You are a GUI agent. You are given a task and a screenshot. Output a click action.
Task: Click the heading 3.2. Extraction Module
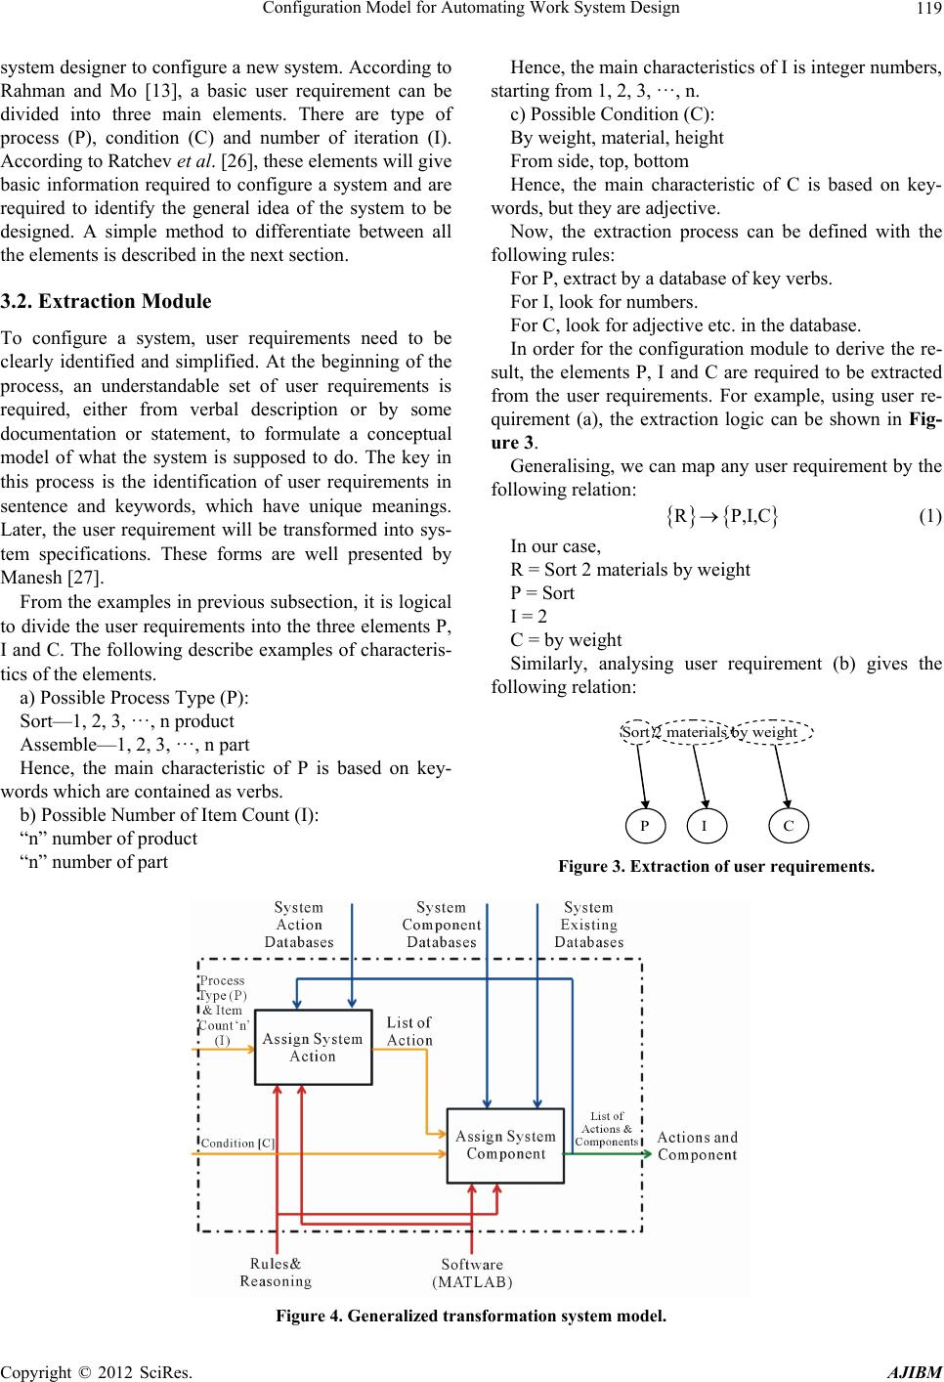pyautogui.click(x=106, y=301)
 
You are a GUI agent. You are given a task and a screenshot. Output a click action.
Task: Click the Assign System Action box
pyautogui.click(x=313, y=1048)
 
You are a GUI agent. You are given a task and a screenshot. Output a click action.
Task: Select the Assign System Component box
pyautogui.click(x=505, y=1145)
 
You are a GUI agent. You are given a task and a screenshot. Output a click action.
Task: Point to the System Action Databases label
pyautogui.click(x=299, y=925)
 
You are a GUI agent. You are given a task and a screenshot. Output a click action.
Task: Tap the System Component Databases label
pyautogui.click(x=442, y=925)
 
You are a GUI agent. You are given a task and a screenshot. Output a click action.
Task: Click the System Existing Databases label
pyautogui.click(x=589, y=925)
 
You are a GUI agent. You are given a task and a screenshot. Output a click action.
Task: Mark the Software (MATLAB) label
pyautogui.click(x=472, y=1274)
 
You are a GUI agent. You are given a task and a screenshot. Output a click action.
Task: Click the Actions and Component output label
pyautogui.click(x=697, y=1145)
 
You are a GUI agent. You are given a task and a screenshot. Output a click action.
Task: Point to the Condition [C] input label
pyautogui.click(x=237, y=1142)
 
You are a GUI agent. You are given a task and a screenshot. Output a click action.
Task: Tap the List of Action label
pyautogui.click(x=409, y=1031)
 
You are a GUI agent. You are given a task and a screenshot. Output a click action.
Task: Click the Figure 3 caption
pyautogui.click(x=715, y=866)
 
